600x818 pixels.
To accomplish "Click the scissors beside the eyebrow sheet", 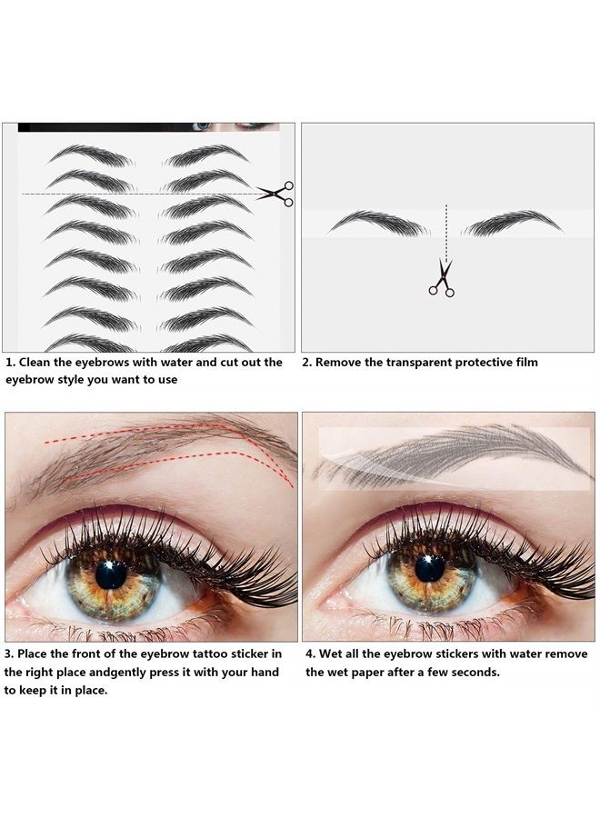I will [x=275, y=193].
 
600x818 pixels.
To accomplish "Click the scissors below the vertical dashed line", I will [x=442, y=278].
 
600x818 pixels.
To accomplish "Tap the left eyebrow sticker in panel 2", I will [x=377, y=223].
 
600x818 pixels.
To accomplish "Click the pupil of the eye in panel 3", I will [x=111, y=574].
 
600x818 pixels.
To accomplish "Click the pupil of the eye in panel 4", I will [x=429, y=568].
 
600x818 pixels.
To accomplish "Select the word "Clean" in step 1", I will [x=37, y=362].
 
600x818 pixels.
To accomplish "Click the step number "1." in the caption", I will [x=11, y=362].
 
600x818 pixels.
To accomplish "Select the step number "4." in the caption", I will [x=311, y=653].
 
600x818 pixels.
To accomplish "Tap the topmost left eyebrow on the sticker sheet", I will [x=91, y=155].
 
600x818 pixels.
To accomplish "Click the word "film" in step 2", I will [x=525, y=362].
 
